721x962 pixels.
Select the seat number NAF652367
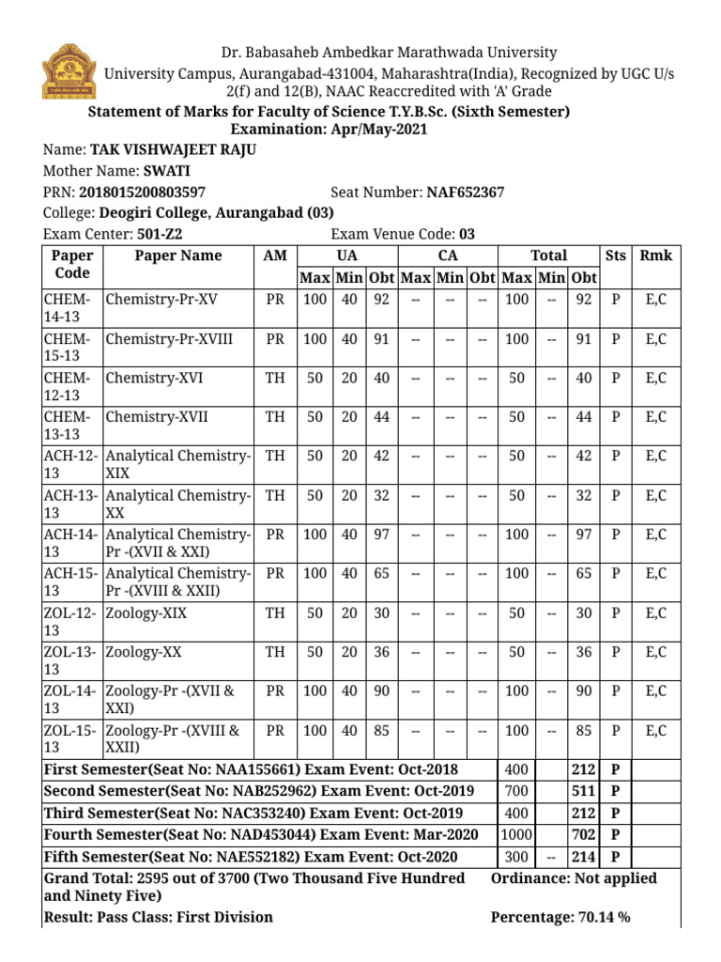coord(466,193)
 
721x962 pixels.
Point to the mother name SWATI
coord(166,171)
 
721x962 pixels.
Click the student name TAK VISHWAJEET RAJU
coord(172,150)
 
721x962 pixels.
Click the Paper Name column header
coord(178,256)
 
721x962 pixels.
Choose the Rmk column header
coord(655,256)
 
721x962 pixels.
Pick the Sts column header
coord(616,256)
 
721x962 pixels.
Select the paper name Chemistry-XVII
coord(157,417)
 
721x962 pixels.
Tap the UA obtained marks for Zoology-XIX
coord(381,613)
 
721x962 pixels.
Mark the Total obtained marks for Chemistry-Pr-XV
coord(583,300)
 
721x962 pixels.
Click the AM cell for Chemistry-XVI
coord(275,378)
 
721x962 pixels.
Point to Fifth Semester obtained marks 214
coord(583,857)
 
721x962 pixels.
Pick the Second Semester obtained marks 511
coord(583,790)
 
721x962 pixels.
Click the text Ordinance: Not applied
coord(574,878)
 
